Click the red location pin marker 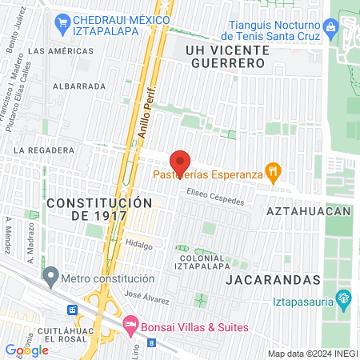[x=181, y=162]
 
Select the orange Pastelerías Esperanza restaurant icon [x=274, y=170]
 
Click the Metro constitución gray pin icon [x=52, y=278]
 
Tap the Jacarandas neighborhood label [x=273, y=280]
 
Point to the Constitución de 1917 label [x=98, y=210]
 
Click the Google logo [x=26, y=350]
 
